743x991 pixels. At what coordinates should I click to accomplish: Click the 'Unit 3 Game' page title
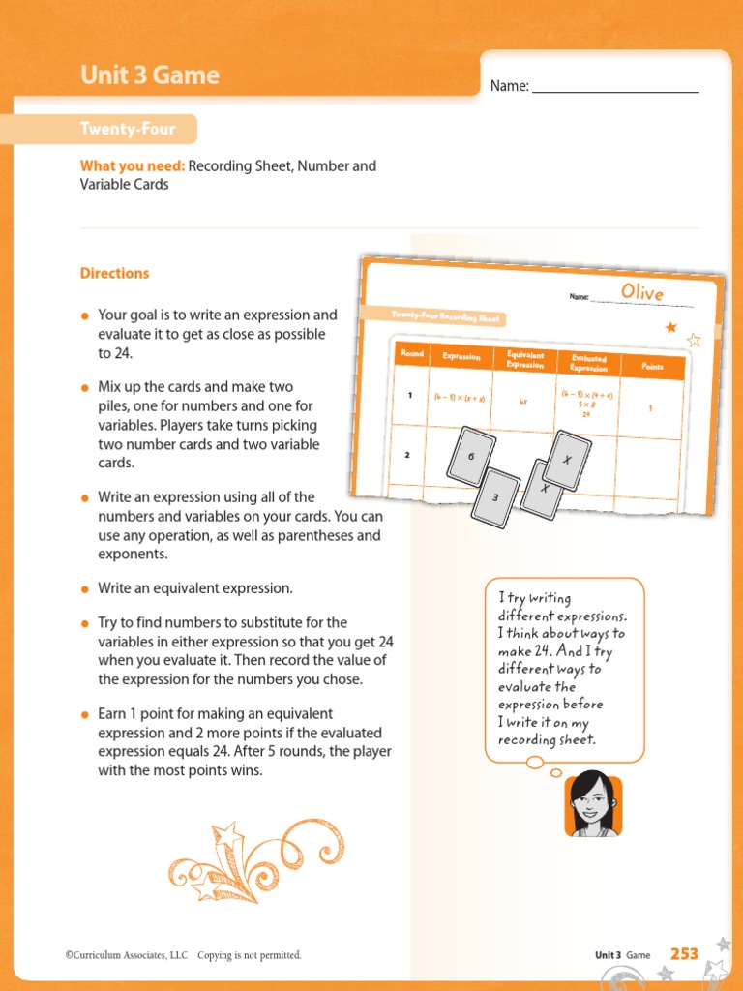point(149,75)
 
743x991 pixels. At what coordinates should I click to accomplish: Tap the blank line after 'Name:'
point(615,87)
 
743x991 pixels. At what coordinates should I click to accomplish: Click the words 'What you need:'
point(132,165)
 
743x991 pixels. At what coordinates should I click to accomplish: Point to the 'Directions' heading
point(114,273)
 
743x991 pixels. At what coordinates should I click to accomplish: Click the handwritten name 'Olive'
point(642,291)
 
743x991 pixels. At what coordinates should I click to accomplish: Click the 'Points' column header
point(652,367)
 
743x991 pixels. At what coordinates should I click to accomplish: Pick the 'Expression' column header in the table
point(461,356)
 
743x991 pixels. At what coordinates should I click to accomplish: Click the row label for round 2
point(407,454)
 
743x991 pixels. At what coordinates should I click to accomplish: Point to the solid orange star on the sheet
point(670,328)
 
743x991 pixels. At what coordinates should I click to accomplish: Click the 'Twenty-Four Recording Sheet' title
point(435,317)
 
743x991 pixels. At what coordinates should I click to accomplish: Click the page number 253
point(684,954)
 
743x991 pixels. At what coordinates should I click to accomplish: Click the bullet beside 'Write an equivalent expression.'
point(85,588)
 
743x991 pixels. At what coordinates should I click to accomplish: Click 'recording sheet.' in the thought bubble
point(548,740)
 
